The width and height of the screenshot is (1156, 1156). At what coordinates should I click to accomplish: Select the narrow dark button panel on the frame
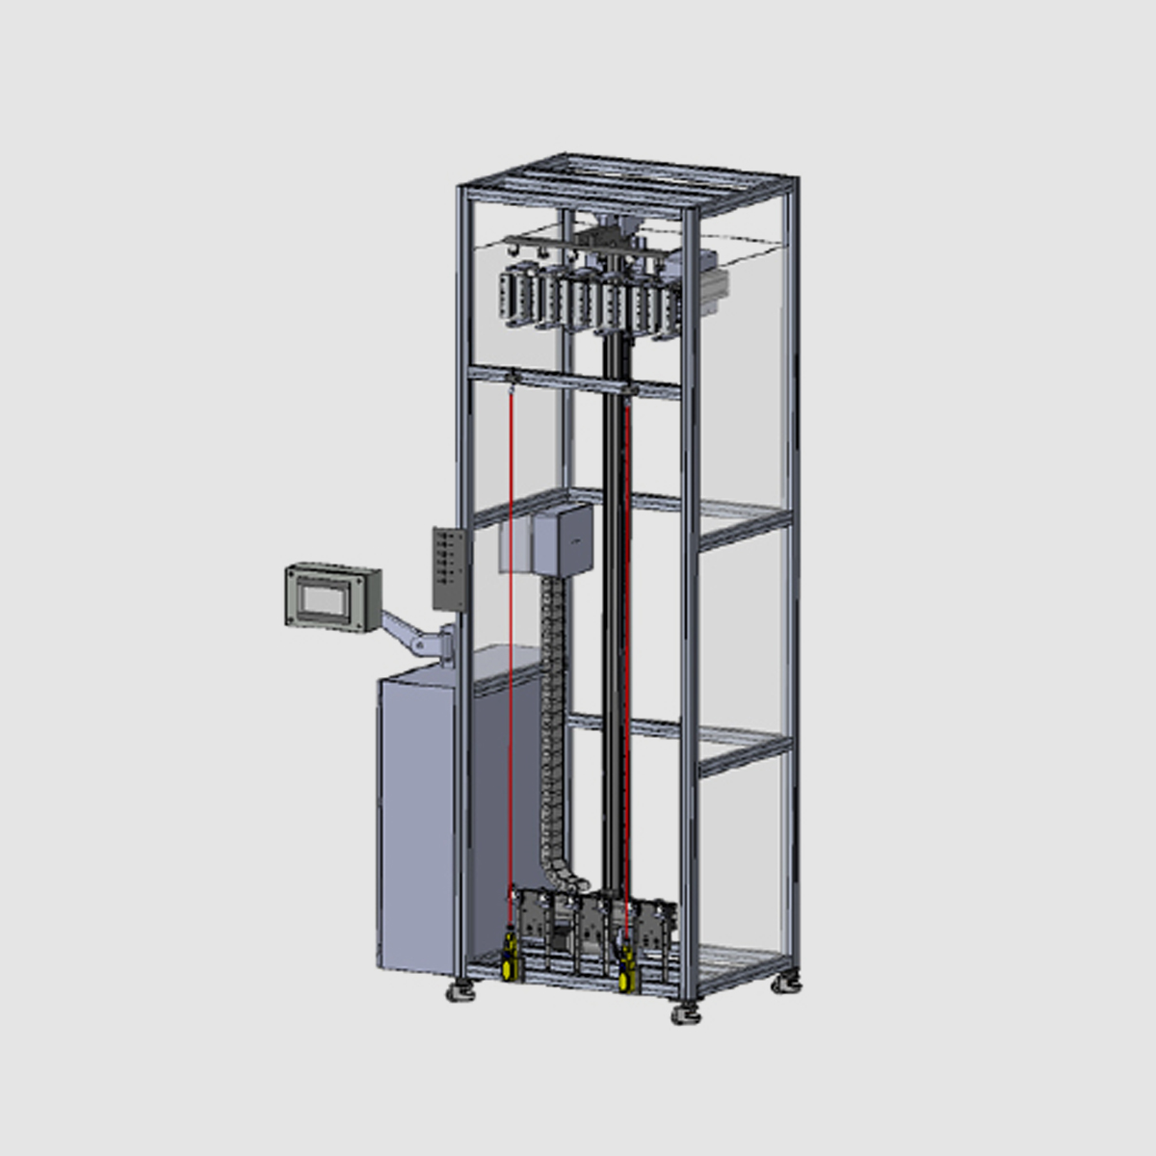(x=449, y=568)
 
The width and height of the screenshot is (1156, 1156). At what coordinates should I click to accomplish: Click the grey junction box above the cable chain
(x=562, y=541)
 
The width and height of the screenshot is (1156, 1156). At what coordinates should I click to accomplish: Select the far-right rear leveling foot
(x=788, y=983)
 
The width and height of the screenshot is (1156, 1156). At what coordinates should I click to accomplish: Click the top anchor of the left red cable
(x=512, y=377)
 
